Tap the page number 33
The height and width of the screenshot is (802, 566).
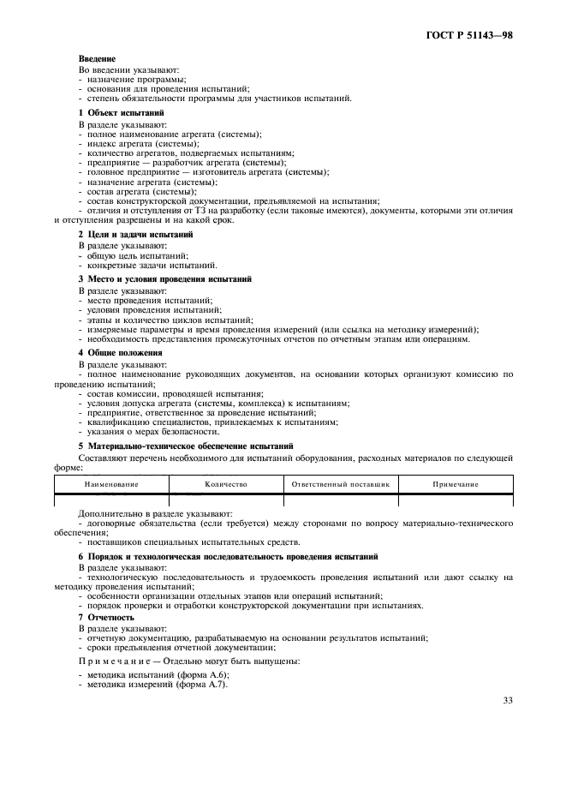tap(507, 701)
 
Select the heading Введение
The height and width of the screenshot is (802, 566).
tap(97, 58)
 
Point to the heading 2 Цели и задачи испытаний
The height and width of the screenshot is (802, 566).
tap(135, 234)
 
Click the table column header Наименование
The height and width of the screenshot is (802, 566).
tap(110, 484)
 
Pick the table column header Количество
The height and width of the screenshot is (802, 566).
tap(226, 484)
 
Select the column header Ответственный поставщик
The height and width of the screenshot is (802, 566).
tap(340, 484)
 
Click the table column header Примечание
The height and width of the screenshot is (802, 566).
tap(455, 484)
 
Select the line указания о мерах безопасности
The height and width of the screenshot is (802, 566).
tap(146, 432)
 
